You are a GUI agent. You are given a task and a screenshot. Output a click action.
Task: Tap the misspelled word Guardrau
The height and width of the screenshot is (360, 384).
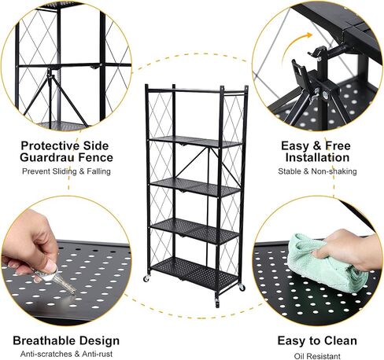46,157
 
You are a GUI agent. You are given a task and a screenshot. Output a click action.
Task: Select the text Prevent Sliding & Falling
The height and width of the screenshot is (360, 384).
66,171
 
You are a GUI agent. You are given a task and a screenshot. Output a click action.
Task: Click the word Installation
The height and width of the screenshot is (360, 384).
317,157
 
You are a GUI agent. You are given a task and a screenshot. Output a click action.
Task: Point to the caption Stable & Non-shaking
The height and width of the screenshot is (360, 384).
317,171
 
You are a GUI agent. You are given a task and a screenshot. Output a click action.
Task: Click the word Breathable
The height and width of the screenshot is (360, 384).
44,340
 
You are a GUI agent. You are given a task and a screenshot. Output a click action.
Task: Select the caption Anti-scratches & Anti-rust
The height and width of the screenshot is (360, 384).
66,354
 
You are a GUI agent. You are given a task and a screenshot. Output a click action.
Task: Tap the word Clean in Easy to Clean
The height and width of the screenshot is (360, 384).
341,340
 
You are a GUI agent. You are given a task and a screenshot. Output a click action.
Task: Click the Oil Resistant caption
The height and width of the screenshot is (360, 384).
317,356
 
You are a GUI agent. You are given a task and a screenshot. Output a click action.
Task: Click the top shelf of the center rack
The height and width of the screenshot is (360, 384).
197,90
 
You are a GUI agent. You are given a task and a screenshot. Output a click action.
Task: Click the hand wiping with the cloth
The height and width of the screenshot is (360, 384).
346,249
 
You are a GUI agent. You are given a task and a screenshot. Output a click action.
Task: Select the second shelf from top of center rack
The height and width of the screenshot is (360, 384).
195,141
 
